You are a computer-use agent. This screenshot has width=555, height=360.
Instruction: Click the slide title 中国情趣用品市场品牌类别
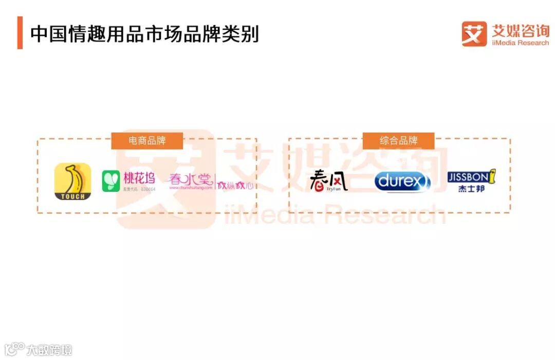click(x=144, y=34)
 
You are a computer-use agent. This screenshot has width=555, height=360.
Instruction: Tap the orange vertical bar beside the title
click(x=20, y=33)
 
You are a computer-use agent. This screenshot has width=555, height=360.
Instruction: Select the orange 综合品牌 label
click(x=398, y=140)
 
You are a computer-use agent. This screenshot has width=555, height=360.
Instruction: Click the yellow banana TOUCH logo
click(x=72, y=181)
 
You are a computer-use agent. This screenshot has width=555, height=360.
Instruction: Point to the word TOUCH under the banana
click(x=72, y=196)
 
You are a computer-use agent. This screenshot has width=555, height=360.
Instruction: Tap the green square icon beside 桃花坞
click(x=111, y=181)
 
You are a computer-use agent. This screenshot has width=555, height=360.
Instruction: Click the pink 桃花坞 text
click(x=139, y=178)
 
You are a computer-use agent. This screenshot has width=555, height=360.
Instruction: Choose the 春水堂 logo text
click(x=191, y=179)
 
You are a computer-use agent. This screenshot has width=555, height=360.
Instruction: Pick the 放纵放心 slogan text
click(x=235, y=185)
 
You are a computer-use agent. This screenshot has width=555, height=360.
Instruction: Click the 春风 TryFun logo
click(x=328, y=181)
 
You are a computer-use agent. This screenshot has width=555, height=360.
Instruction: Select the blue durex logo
click(x=402, y=182)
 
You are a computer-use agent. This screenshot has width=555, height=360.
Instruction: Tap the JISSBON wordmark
click(x=468, y=177)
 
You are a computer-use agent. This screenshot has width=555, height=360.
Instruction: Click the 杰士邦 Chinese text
click(x=471, y=189)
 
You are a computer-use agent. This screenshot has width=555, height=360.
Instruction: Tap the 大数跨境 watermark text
click(x=49, y=350)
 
